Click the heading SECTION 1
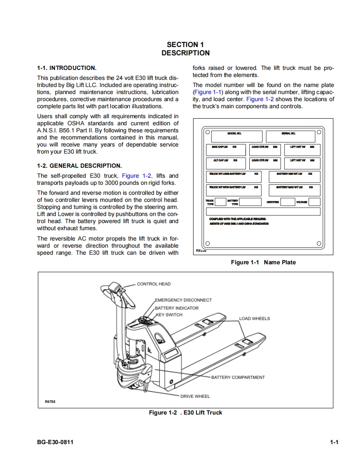point(185,45)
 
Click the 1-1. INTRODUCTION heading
point(67,68)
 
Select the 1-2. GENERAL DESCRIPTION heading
point(79,165)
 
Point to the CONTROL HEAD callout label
point(154,284)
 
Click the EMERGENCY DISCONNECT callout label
point(183,300)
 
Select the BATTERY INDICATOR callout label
point(176,308)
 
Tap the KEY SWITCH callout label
point(169,315)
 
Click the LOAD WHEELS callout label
point(254,318)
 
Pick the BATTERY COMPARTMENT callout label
point(238,378)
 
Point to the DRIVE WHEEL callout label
point(195,396)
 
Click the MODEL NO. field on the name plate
point(236,136)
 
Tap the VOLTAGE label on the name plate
point(302,202)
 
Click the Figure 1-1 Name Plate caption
point(263,262)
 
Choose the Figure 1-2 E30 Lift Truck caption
point(186,412)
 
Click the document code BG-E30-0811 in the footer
point(55,442)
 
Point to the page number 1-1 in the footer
point(334,442)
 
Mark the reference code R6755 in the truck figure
point(50,402)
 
